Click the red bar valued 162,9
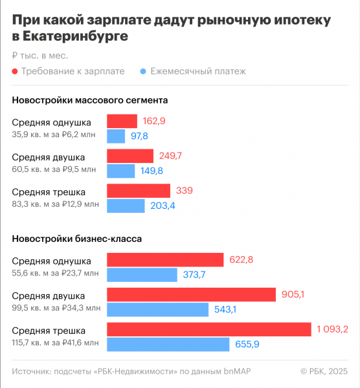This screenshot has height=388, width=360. click(x=122, y=121)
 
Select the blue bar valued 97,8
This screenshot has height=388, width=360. click(x=116, y=136)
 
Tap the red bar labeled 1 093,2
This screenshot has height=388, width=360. click(x=208, y=329)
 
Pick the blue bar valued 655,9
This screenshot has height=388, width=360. click(x=168, y=344)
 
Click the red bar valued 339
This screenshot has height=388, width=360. click(x=139, y=191)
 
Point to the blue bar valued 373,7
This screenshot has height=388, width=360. click(x=142, y=275)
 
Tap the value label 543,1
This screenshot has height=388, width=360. click(x=227, y=310)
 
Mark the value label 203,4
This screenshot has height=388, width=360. click(x=163, y=206)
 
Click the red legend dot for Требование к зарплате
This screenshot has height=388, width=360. click(x=15, y=72)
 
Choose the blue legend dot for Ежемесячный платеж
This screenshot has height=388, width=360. click(x=144, y=72)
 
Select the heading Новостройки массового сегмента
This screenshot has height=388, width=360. click(x=90, y=100)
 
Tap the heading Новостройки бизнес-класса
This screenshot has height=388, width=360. click(x=77, y=239)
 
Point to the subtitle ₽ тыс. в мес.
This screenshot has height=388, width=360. click(x=39, y=56)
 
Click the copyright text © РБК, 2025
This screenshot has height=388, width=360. click(x=324, y=371)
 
